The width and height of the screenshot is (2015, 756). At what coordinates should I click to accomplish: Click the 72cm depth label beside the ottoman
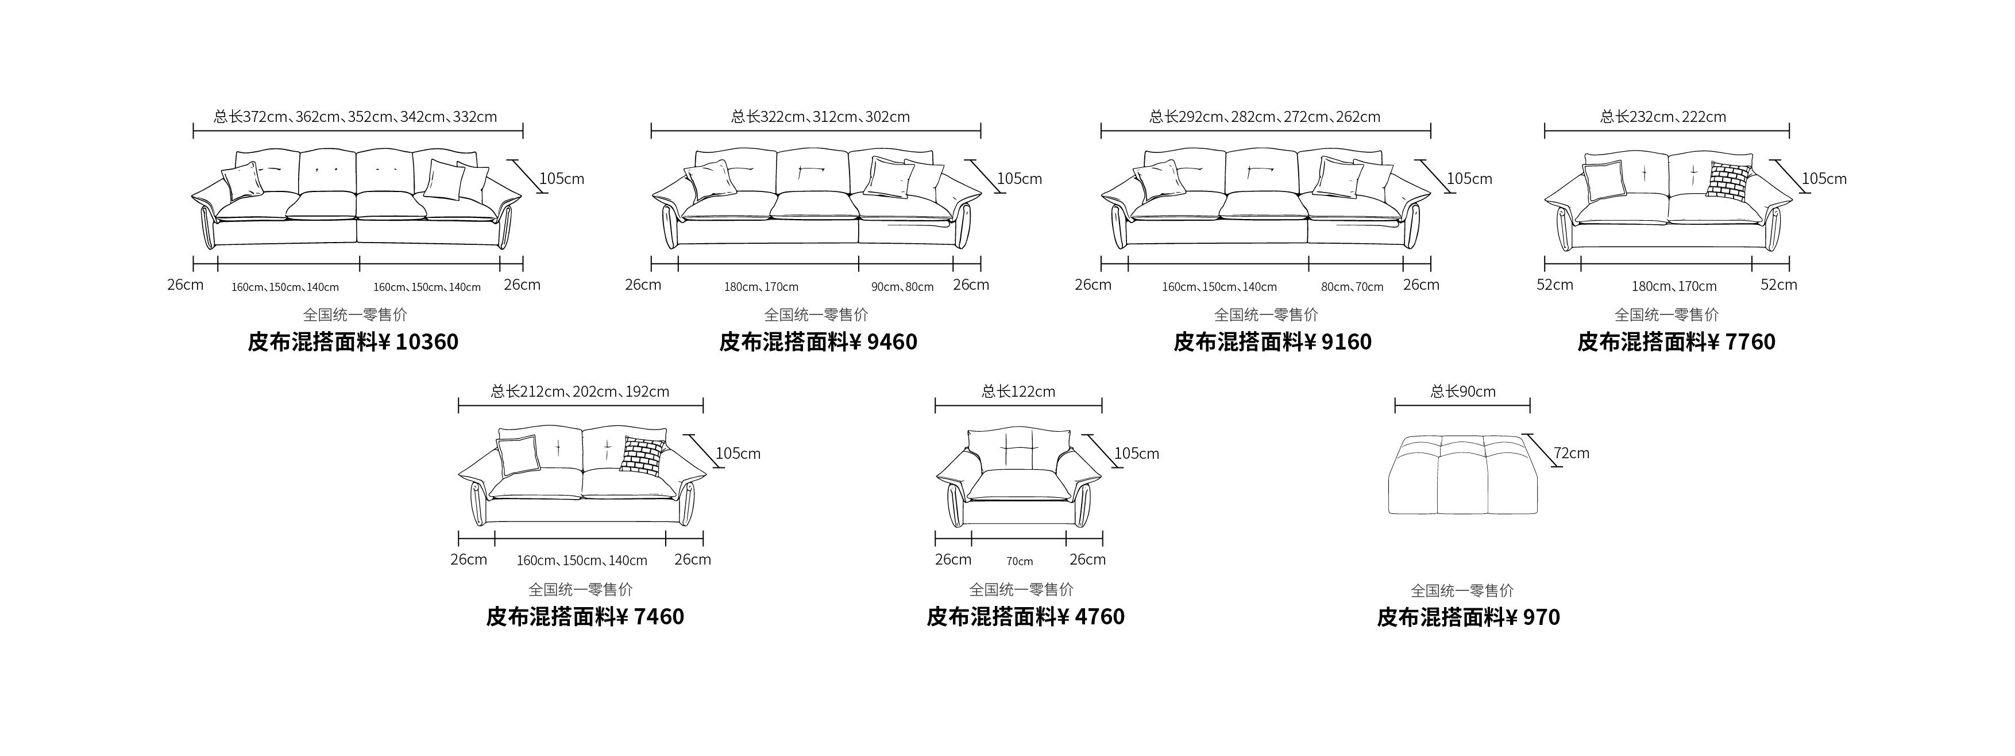pyautogui.click(x=1572, y=453)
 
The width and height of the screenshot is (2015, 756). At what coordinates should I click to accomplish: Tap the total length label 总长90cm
pyautogui.click(x=1463, y=392)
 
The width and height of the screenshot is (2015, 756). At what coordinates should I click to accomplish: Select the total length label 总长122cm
pyautogui.click(x=1018, y=392)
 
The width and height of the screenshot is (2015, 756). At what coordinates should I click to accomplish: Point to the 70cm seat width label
pyautogui.click(x=1019, y=561)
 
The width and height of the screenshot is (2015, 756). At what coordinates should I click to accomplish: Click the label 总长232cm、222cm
pyautogui.click(x=1663, y=117)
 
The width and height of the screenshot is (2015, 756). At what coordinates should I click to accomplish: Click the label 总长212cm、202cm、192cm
pyautogui.click(x=580, y=392)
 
